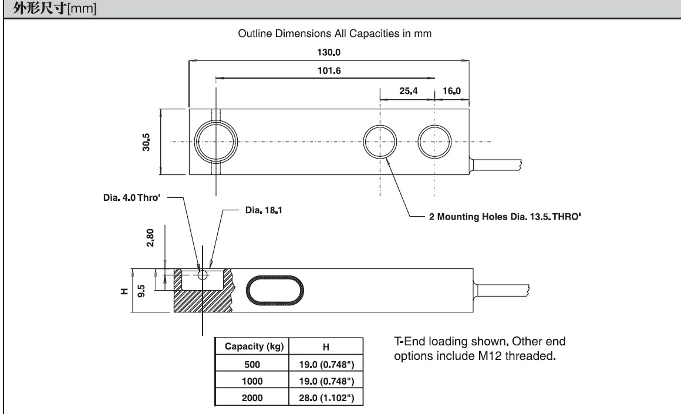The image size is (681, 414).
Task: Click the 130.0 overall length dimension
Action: click(329, 52)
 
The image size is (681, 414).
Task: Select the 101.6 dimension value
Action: click(329, 70)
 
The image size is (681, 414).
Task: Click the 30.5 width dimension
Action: click(146, 142)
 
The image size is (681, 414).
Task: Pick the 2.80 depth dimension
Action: click(150, 240)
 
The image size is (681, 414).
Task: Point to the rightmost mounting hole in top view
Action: click(435, 142)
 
